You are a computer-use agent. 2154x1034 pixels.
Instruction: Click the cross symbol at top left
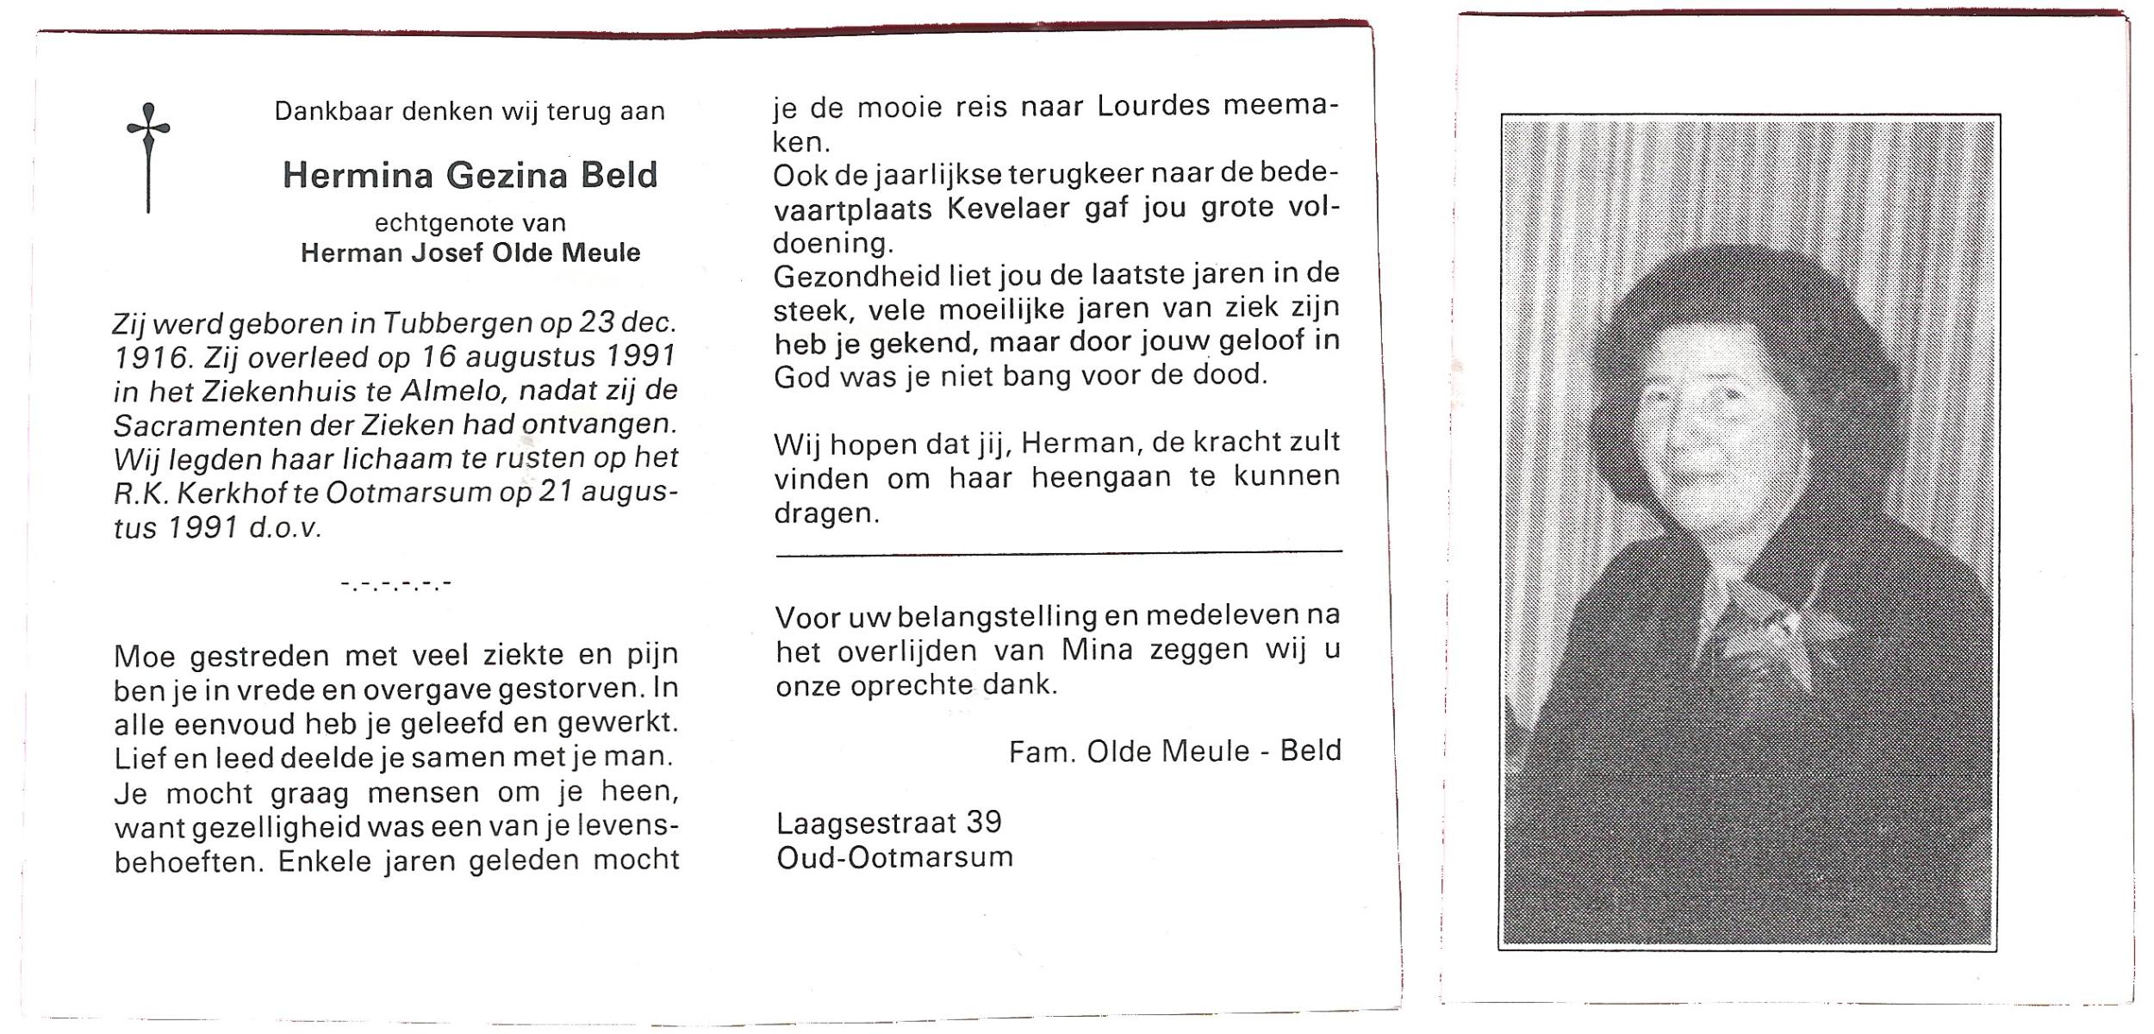pos(148,155)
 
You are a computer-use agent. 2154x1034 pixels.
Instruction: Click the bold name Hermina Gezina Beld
pos(470,176)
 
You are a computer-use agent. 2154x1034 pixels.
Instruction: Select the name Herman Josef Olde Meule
pos(470,253)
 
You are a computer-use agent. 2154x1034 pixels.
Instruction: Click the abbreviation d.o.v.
pos(285,527)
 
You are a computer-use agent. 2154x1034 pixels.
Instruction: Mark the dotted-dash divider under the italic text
pos(396,585)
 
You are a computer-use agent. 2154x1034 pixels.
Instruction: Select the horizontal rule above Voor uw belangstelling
pos(1058,552)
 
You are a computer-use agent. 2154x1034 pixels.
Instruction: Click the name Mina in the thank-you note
pos(1096,650)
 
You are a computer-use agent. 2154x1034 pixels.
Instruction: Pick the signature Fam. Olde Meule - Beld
pos(1174,751)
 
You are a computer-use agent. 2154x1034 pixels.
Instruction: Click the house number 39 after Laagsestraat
pos(983,823)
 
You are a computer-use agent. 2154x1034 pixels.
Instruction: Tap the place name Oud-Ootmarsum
pos(894,858)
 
